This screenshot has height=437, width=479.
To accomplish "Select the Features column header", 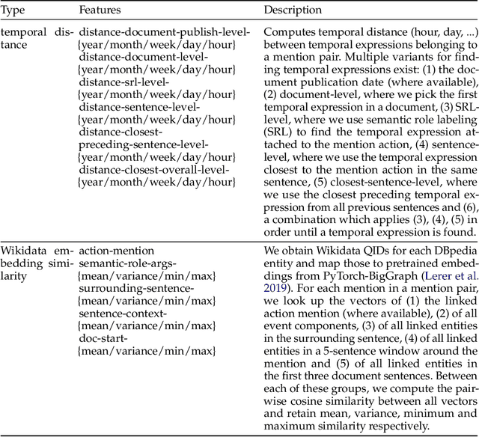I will click(101, 10).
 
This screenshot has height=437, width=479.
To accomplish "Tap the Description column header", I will click(293, 10).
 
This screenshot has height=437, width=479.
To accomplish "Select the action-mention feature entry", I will click(117, 251).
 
